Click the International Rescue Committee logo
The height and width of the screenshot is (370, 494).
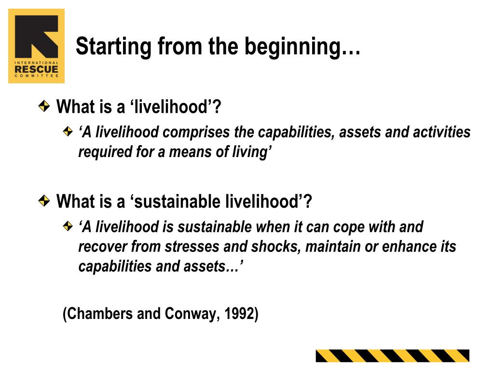(36, 46)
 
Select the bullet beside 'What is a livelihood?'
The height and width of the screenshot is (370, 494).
(44, 106)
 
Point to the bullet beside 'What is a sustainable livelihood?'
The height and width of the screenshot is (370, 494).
(44, 200)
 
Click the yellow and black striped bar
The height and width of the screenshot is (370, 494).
(392, 356)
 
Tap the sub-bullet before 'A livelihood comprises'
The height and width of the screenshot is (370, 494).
(68, 132)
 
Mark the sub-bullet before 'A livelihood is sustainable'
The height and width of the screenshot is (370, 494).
(68, 226)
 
